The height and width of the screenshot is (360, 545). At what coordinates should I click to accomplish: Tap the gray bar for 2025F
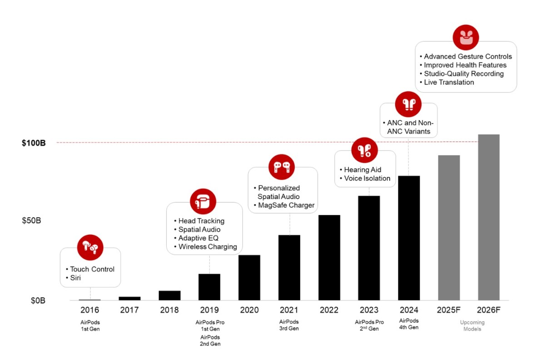coord(449,228)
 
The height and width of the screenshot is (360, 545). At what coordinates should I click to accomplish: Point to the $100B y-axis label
coord(34,143)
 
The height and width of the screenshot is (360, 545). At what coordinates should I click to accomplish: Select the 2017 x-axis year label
coord(129,310)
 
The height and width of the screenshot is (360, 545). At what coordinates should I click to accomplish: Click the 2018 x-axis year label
coord(169,310)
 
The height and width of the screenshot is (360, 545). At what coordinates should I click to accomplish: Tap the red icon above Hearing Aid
coord(365,151)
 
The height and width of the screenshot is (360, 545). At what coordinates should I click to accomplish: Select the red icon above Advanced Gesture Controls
coord(466,38)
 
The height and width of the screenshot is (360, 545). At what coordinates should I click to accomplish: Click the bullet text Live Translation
coord(449,82)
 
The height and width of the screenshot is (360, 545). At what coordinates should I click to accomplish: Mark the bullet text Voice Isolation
coord(367,178)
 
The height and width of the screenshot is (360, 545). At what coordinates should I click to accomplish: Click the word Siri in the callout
coord(75,278)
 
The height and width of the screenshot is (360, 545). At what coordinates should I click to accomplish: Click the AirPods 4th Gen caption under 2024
coord(409,324)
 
